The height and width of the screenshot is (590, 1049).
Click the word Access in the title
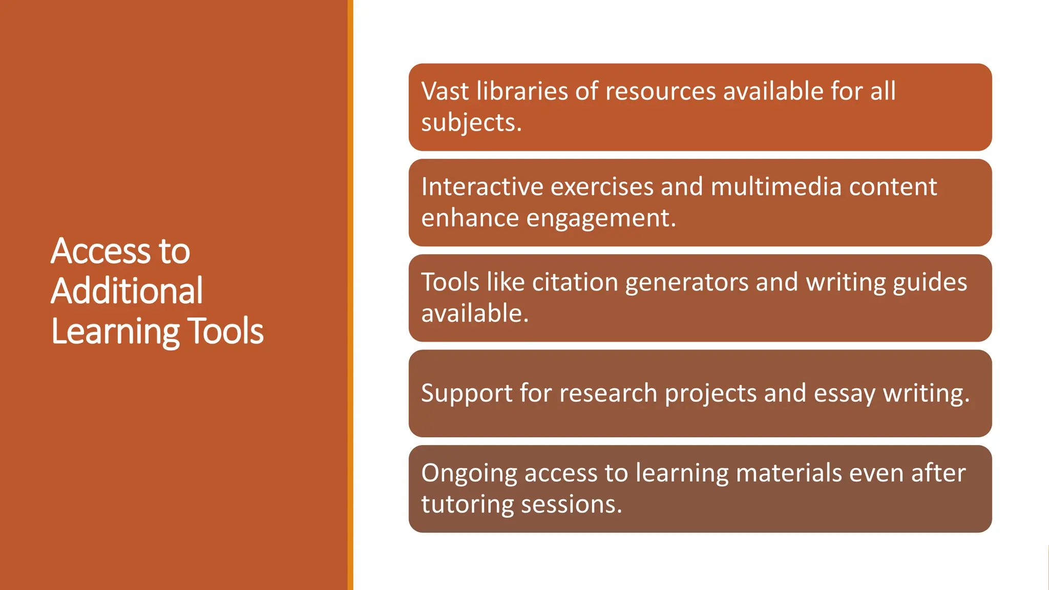pos(100,251)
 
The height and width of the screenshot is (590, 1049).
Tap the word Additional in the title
pos(127,291)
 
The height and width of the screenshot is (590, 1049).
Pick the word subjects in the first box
pos(471,123)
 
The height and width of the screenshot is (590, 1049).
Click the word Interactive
pos(482,186)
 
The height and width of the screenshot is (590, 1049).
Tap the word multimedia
pos(775,186)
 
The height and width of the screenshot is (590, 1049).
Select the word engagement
pos(601,219)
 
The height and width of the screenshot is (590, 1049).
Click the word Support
pos(466,394)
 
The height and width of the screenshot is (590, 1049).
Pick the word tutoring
pos(467,505)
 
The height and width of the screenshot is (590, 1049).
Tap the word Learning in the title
pos(114,332)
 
